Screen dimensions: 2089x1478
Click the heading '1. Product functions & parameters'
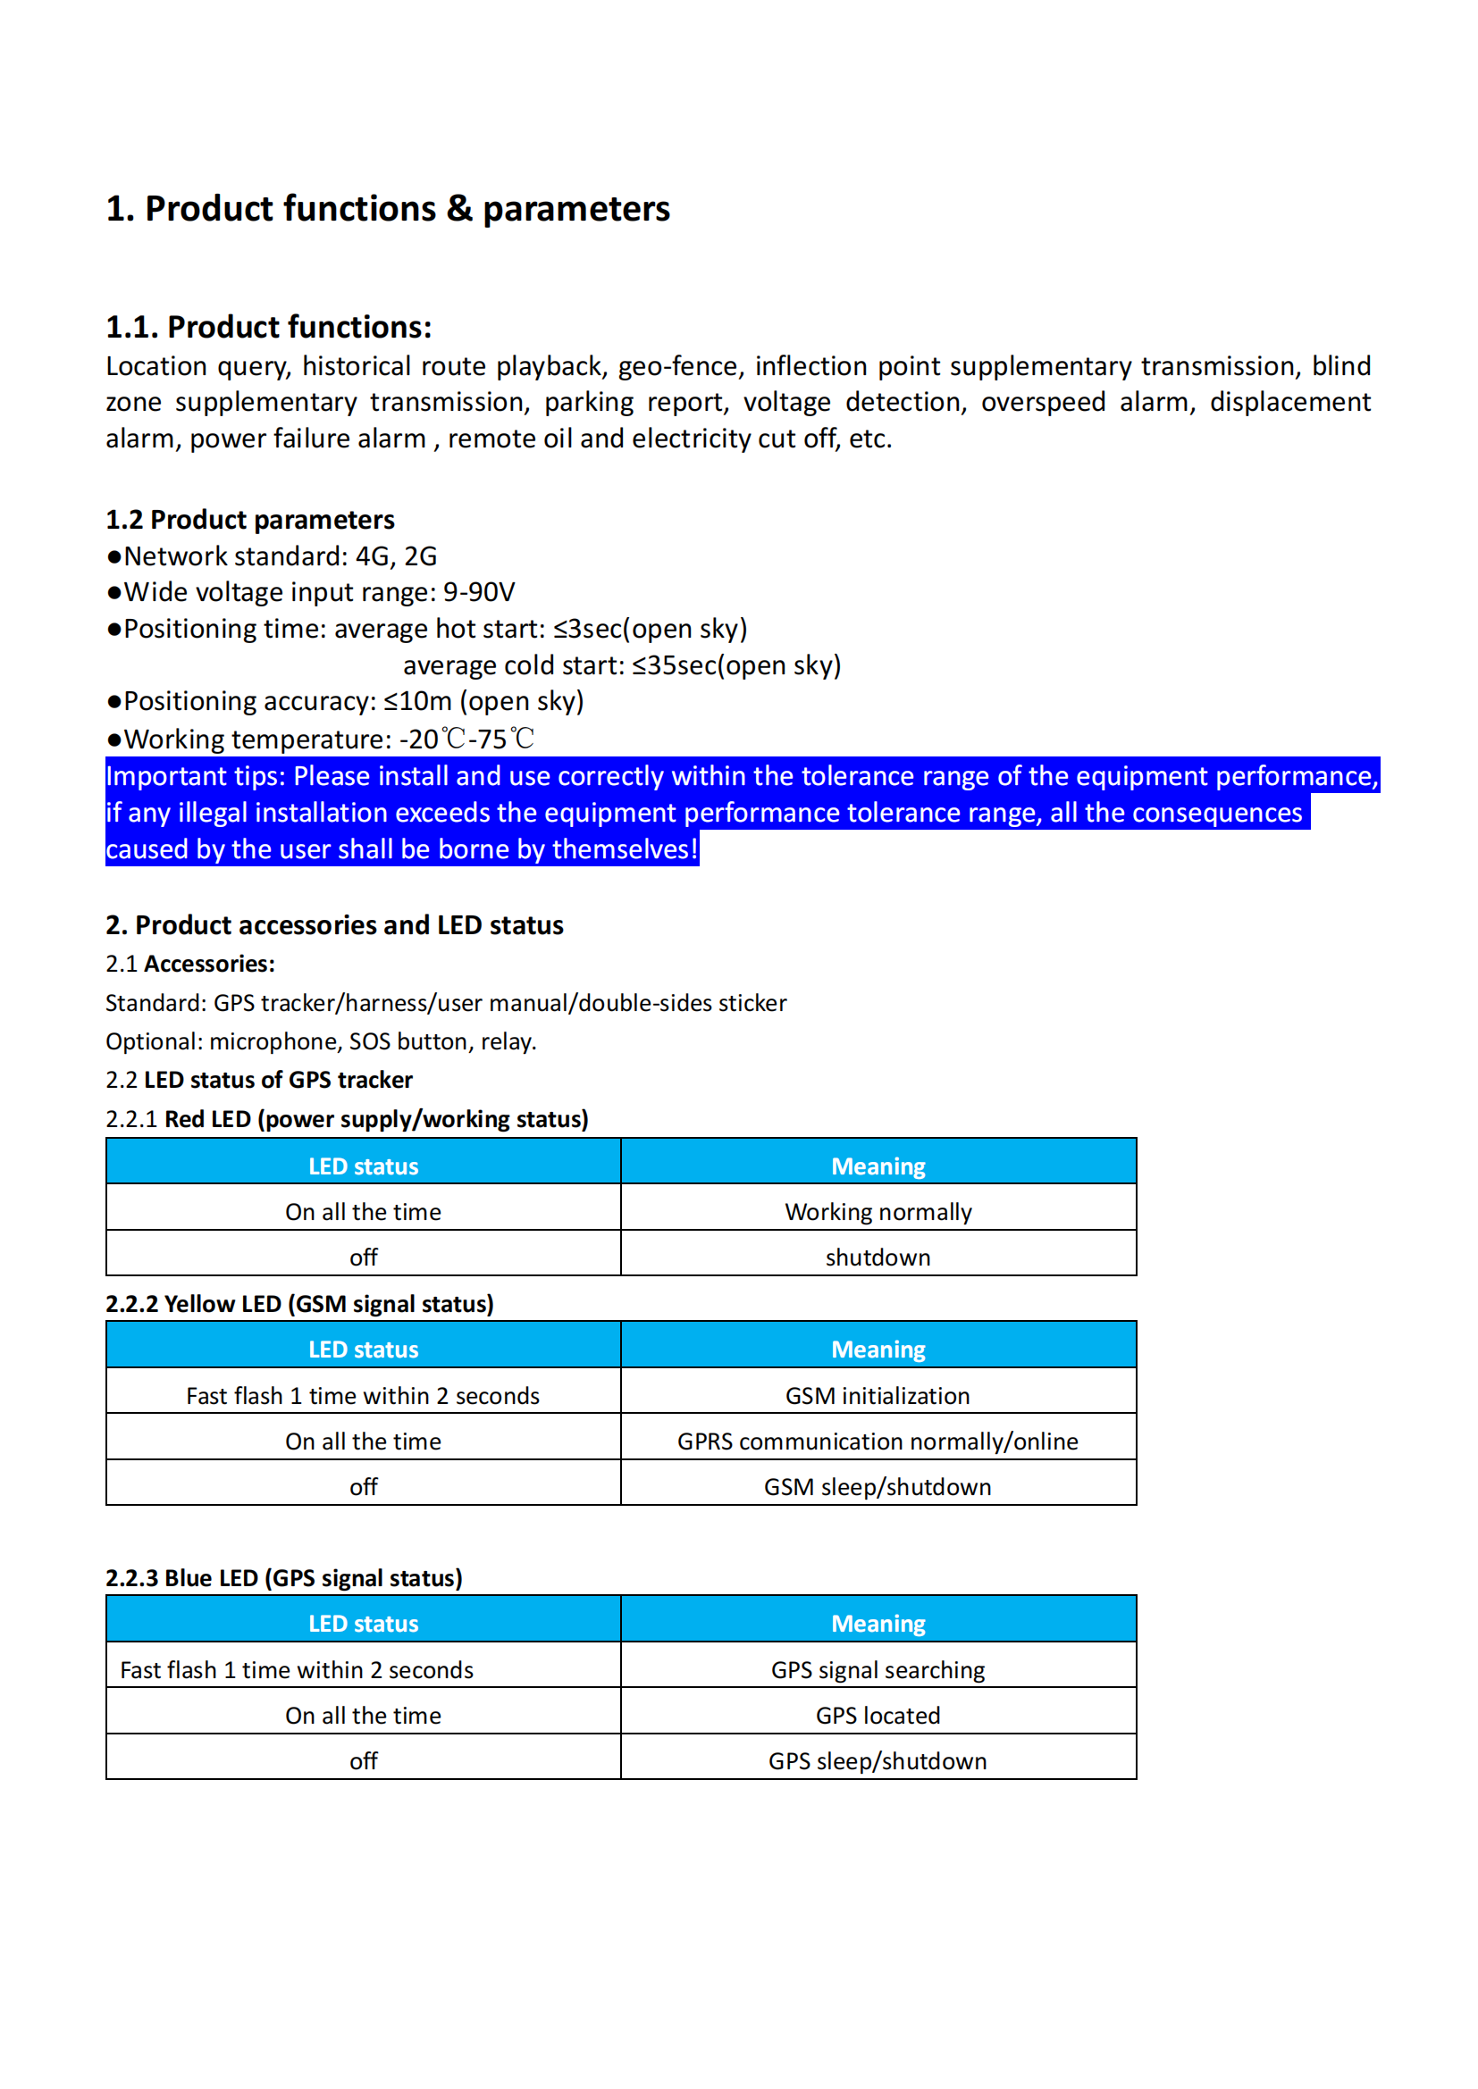388,209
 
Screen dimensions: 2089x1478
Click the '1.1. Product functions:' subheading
268,327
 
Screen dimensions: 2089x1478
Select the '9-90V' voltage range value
479,592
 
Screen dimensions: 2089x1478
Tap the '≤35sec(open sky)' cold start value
736,665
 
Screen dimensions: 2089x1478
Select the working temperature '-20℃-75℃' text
466,739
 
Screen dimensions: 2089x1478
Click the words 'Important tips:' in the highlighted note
196,776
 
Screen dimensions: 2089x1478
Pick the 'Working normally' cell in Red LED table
878,1212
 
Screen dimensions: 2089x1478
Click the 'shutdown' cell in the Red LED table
878,1258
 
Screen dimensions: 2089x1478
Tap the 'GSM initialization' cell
878,1396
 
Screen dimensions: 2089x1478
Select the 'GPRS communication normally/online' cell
878,1441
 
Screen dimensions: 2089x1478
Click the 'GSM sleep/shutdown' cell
878,1487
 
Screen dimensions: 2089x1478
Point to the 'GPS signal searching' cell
878,1669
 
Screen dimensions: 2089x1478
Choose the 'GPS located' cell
878,1715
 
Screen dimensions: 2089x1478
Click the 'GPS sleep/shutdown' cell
878,1760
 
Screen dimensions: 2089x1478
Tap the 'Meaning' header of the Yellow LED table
878,1349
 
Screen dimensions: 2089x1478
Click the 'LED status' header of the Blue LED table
363,1623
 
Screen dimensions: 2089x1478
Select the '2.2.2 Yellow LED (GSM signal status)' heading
299,1304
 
